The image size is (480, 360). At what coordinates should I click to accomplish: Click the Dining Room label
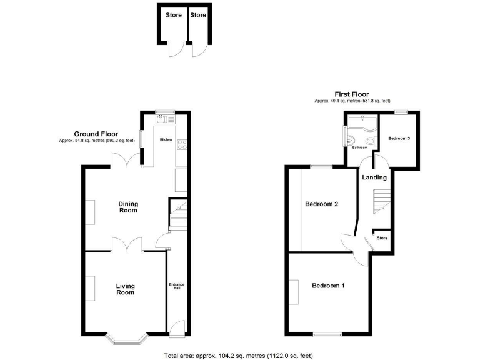coord(128,207)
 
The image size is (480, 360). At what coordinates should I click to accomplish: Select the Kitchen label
coord(166,139)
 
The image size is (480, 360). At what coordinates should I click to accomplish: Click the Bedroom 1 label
coord(328,286)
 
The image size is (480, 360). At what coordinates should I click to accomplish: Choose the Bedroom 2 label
coord(321,204)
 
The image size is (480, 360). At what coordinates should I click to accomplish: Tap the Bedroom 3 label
coord(399,138)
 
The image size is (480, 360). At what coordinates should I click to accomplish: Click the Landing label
coord(374,177)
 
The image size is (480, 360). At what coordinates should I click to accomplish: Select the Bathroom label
coord(359,148)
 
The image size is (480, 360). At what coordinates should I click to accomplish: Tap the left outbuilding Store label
coord(173,15)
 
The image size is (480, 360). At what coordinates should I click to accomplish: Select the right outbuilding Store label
coord(198,15)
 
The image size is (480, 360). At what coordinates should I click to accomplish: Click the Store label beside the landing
coord(382,238)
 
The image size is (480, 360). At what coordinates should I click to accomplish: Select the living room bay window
coord(126,339)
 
